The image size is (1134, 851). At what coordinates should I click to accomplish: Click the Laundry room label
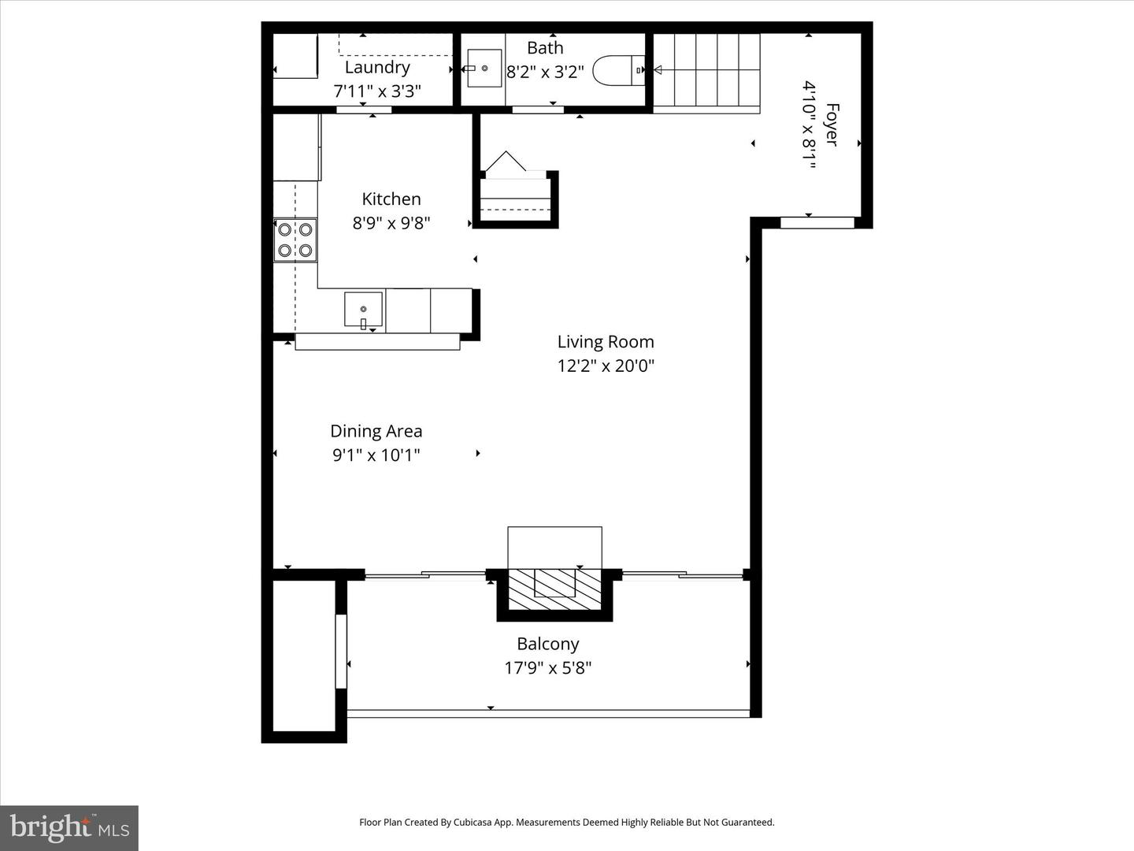(x=377, y=67)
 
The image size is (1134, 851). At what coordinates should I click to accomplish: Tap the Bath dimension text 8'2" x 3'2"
(x=545, y=72)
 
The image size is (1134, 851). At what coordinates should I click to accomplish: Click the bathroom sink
(x=484, y=68)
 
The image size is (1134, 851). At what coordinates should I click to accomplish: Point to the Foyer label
(x=832, y=124)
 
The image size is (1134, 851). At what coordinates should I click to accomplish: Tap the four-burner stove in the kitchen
(x=295, y=240)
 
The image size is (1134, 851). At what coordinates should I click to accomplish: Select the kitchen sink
(x=363, y=309)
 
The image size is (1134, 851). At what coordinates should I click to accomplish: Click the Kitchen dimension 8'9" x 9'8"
(x=391, y=223)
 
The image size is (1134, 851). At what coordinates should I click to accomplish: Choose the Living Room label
(x=606, y=342)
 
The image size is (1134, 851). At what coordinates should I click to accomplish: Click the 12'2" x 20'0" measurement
(x=606, y=366)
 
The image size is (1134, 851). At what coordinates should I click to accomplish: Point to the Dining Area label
(x=376, y=431)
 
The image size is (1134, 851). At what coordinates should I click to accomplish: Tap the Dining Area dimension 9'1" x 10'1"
(x=376, y=455)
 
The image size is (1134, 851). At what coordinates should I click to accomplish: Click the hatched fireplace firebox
(x=554, y=588)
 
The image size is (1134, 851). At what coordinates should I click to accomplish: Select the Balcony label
(x=548, y=644)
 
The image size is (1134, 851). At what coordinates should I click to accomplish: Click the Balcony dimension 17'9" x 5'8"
(x=548, y=668)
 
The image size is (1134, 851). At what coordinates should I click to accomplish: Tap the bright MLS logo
(x=69, y=827)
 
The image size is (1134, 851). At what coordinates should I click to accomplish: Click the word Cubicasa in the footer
(x=473, y=822)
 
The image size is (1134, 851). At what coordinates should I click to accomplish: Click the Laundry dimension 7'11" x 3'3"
(x=377, y=91)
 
